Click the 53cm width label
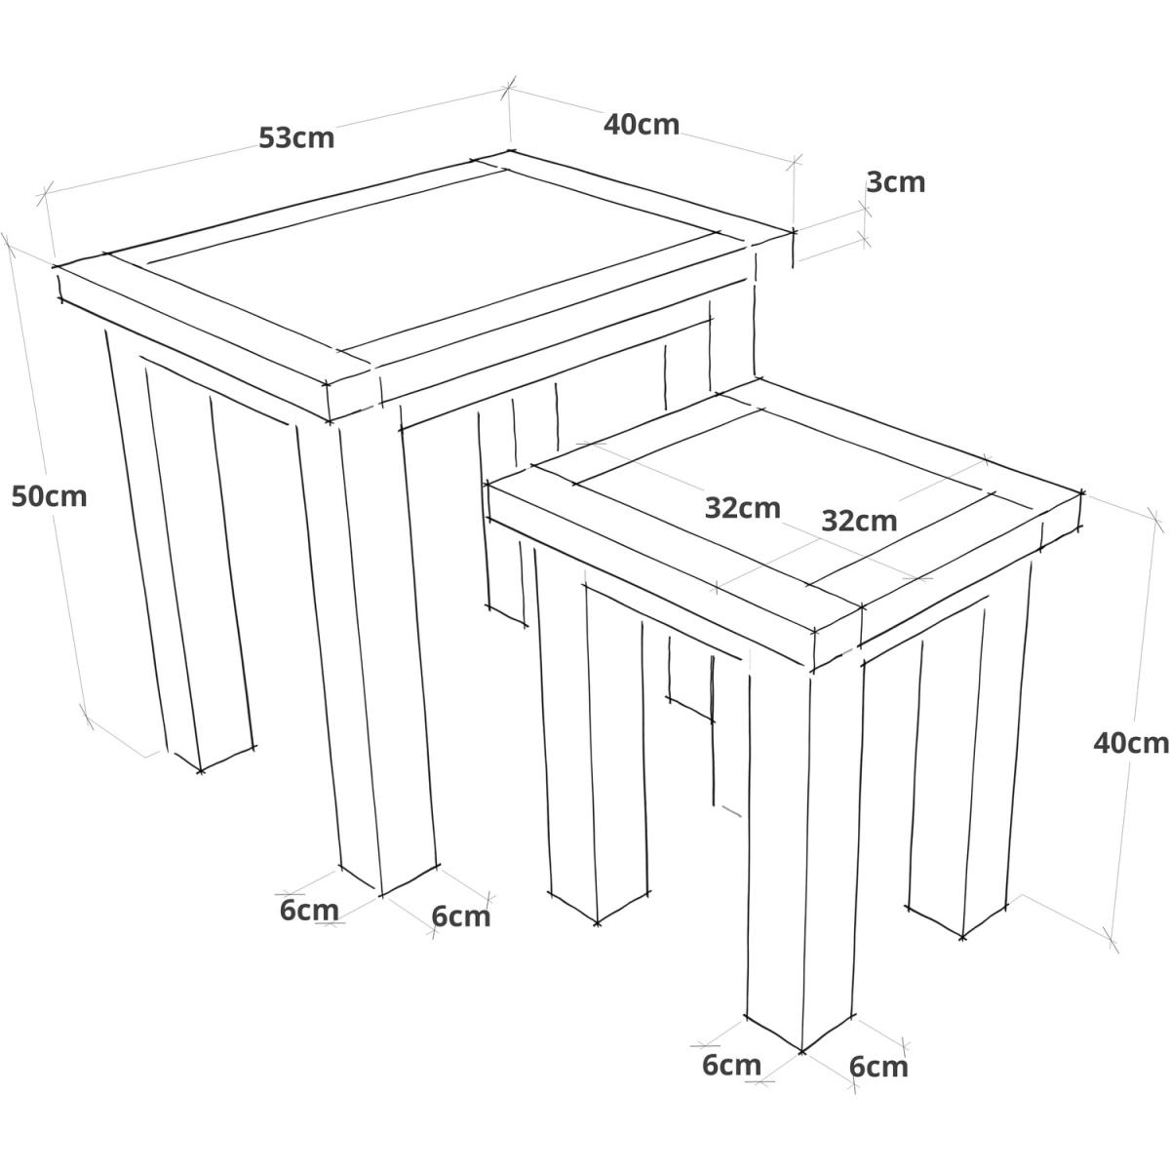tap(296, 138)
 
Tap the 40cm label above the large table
tap(642, 125)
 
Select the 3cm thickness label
tap(896, 182)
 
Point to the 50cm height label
tap(49, 496)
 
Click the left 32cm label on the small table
tap(743, 508)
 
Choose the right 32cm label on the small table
tap(859, 521)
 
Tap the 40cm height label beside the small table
tap(1131, 743)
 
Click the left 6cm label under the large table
tap(309, 910)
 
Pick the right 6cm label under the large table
tap(461, 916)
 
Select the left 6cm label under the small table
tap(731, 1065)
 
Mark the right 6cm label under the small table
tap(878, 1067)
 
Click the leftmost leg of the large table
tap(182, 546)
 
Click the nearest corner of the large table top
tap(329, 420)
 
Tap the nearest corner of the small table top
tap(812, 670)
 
